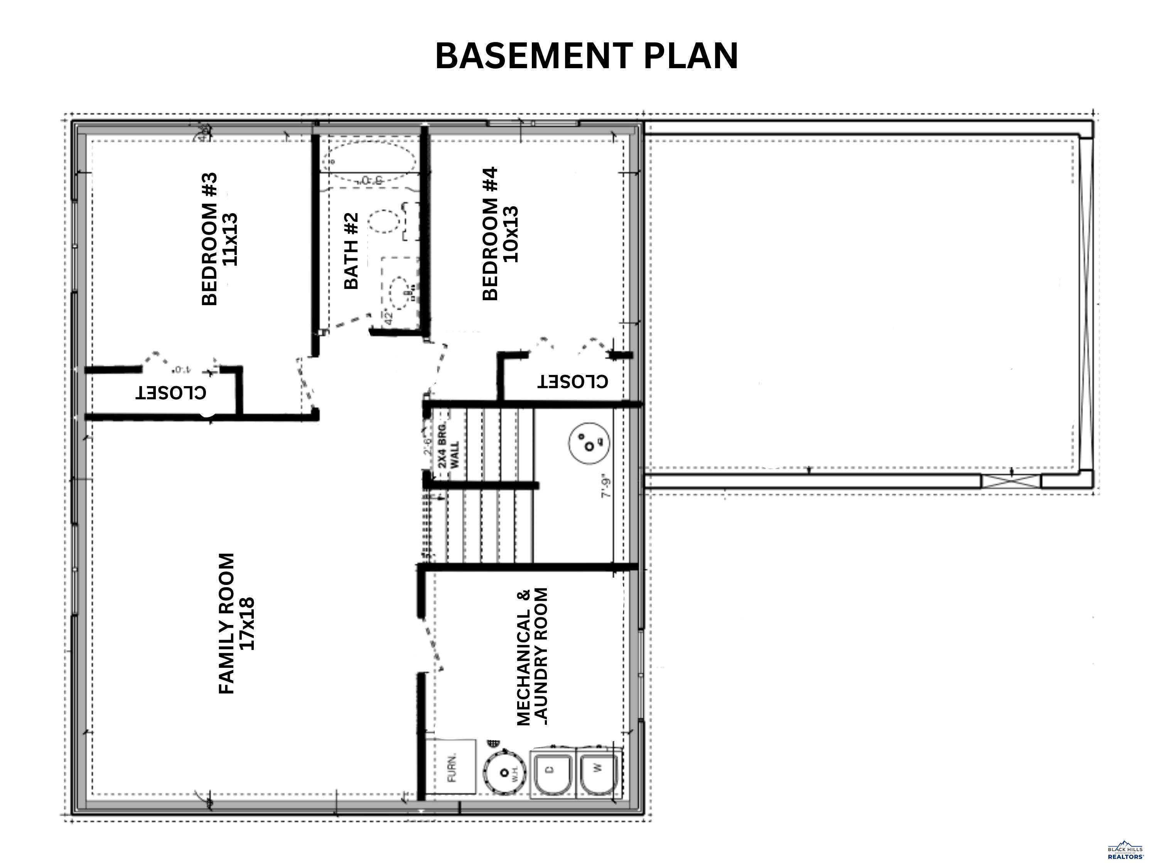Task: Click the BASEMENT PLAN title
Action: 586,56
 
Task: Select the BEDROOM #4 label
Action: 499,234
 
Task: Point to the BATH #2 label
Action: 351,251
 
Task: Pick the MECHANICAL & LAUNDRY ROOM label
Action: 533,657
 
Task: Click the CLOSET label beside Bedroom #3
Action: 170,392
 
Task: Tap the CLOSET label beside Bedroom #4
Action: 573,381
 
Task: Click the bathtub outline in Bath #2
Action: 369,157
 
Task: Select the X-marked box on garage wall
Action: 1010,481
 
